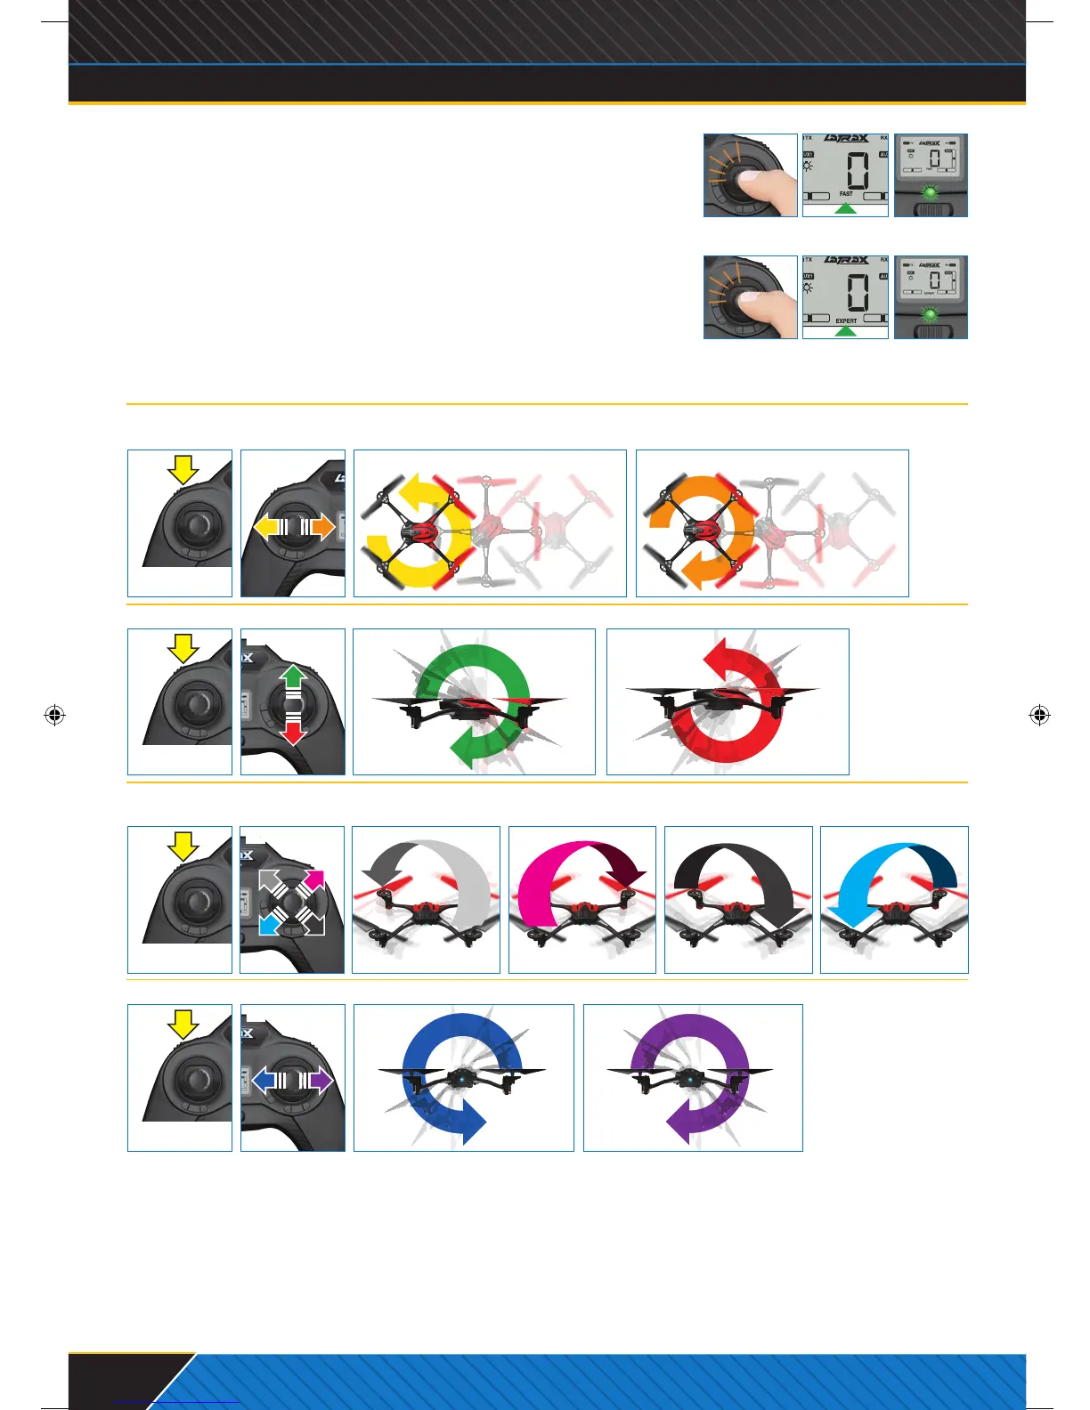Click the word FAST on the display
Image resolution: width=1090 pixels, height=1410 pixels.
click(x=846, y=193)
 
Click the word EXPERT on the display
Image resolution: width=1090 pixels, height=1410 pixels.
click(x=846, y=320)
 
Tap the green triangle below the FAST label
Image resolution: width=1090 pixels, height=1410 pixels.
click(x=846, y=208)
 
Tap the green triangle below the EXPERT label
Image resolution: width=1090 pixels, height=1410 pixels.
click(x=846, y=331)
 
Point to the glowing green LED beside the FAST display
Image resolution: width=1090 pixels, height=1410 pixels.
click(x=930, y=191)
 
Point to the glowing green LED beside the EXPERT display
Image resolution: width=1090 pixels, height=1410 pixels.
click(x=930, y=313)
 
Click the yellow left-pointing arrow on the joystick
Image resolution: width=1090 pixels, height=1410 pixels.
click(x=266, y=528)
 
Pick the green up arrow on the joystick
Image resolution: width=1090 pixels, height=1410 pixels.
click(x=294, y=677)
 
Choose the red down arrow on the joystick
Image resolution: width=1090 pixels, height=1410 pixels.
click(x=294, y=733)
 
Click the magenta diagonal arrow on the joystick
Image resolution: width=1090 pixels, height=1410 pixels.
click(x=313, y=881)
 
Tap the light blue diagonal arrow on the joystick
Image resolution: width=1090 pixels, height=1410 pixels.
click(x=270, y=925)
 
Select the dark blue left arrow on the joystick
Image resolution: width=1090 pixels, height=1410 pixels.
click(x=265, y=1082)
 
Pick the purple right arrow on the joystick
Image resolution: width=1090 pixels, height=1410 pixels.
click(x=321, y=1082)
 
